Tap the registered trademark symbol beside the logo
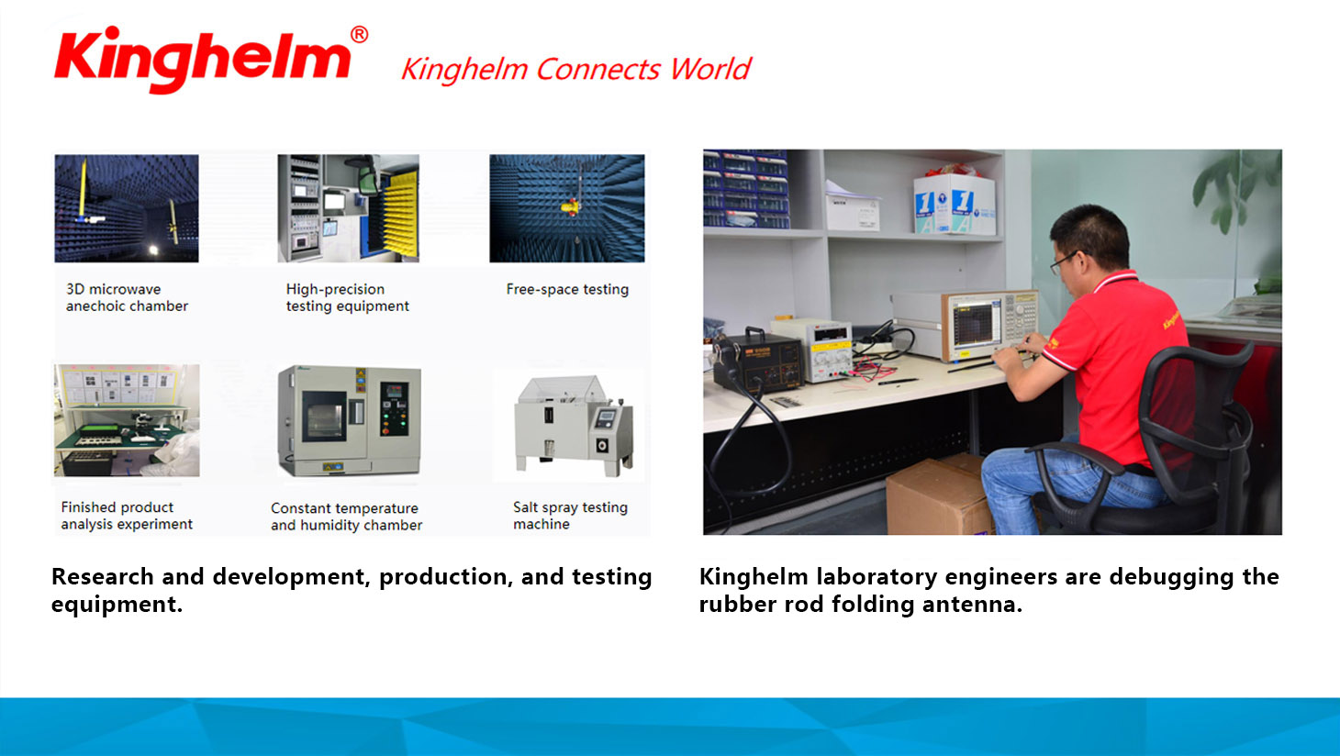pyautogui.click(x=359, y=34)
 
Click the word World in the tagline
pyautogui.click(x=710, y=69)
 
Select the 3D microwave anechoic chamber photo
pyautogui.click(x=127, y=208)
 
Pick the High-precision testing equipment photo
pyautogui.click(x=348, y=208)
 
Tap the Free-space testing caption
pyautogui.click(x=567, y=290)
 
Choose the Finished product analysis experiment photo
pyautogui.click(x=127, y=420)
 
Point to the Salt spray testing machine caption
pyautogui.click(x=570, y=516)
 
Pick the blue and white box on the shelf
pyautogui.click(x=955, y=205)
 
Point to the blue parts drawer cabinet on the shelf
pyautogui.click(x=746, y=189)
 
